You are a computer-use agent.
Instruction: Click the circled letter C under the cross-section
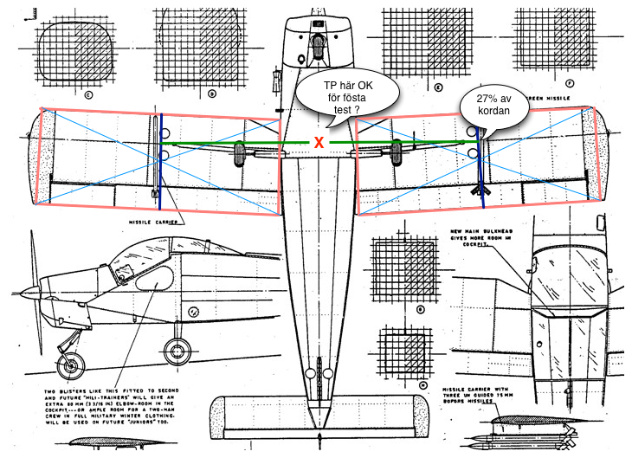[87, 94]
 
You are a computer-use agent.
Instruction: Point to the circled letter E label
[440, 87]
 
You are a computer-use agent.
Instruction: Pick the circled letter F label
[568, 84]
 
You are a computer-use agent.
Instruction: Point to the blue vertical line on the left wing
[160, 162]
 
